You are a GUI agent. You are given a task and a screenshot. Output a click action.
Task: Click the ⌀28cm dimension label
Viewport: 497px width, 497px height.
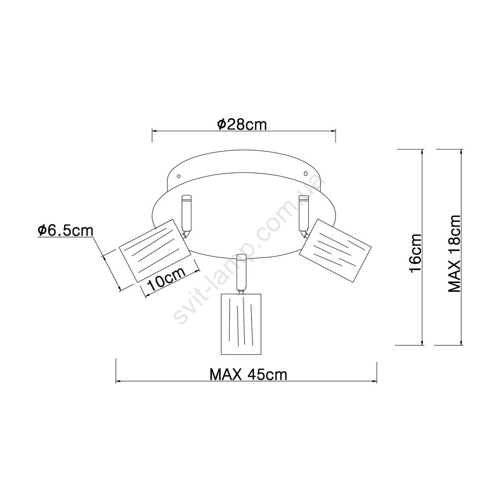click(x=242, y=124)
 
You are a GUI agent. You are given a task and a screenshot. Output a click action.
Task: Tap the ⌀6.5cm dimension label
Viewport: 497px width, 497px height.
click(x=65, y=231)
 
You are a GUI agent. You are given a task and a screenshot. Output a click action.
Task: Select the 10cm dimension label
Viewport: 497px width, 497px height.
click(x=166, y=279)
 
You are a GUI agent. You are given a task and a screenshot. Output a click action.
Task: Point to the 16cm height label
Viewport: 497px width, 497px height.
click(x=415, y=253)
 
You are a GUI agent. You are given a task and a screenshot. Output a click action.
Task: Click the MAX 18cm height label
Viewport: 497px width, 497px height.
click(x=454, y=253)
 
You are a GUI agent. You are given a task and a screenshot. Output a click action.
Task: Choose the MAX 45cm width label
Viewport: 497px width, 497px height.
click(x=248, y=375)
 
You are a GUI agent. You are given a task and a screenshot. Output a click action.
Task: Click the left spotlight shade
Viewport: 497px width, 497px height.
click(x=155, y=250)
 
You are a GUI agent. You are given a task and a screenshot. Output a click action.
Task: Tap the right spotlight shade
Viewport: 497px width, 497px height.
click(x=335, y=250)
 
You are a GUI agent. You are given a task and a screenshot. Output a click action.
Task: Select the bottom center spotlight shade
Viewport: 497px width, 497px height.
click(x=241, y=324)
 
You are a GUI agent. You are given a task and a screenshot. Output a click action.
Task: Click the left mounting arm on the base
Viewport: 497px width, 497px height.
click(x=186, y=213)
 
